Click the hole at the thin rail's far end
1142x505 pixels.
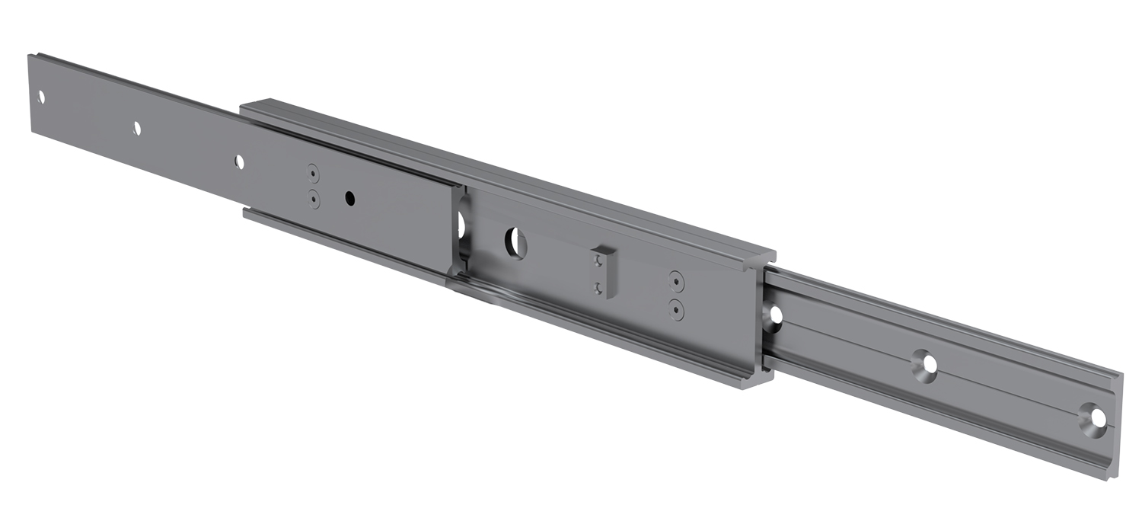tap(41, 97)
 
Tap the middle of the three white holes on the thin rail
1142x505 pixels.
tap(137, 128)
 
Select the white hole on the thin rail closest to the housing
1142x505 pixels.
tap(239, 161)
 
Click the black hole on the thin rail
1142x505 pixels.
tap(349, 198)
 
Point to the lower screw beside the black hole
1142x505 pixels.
tap(313, 199)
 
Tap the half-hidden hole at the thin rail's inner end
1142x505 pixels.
tap(461, 222)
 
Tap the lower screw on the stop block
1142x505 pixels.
tap(599, 288)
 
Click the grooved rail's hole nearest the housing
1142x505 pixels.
tap(776, 314)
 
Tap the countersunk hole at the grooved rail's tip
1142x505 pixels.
tap(1096, 418)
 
